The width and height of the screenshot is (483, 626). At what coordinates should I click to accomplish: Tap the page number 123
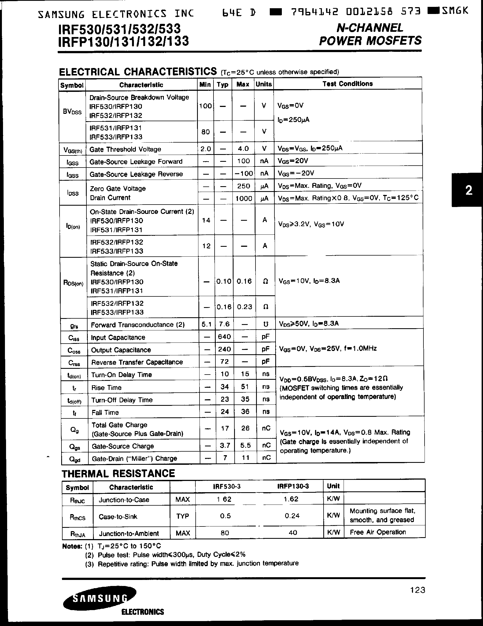(417, 590)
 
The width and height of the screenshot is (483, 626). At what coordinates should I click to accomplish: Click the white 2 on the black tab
(469, 190)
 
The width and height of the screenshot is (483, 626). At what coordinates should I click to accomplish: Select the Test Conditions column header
(347, 84)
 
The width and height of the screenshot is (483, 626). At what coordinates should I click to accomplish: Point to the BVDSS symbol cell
(72, 112)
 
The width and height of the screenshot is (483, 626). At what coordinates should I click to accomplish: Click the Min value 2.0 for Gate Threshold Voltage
(205, 149)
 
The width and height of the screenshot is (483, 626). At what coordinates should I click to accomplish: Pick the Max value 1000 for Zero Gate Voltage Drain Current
(243, 198)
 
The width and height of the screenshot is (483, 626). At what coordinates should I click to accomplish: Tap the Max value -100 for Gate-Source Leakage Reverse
(243, 173)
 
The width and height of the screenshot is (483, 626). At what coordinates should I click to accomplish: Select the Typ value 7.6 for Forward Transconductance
(224, 324)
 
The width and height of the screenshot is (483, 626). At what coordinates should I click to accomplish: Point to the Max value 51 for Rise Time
(245, 387)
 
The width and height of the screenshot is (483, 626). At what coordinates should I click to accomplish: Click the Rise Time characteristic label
(106, 387)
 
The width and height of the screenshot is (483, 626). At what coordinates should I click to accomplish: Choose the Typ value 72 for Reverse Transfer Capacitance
(224, 362)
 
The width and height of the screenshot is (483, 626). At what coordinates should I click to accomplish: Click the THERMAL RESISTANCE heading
(119, 474)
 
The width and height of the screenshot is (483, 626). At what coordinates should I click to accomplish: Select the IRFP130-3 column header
(293, 486)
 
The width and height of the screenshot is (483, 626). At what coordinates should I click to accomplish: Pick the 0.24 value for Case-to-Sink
(292, 516)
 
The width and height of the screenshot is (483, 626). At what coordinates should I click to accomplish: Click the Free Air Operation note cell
(378, 532)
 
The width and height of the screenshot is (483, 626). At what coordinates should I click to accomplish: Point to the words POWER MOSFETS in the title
(370, 41)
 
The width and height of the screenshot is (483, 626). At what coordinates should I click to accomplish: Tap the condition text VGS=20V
(293, 161)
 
